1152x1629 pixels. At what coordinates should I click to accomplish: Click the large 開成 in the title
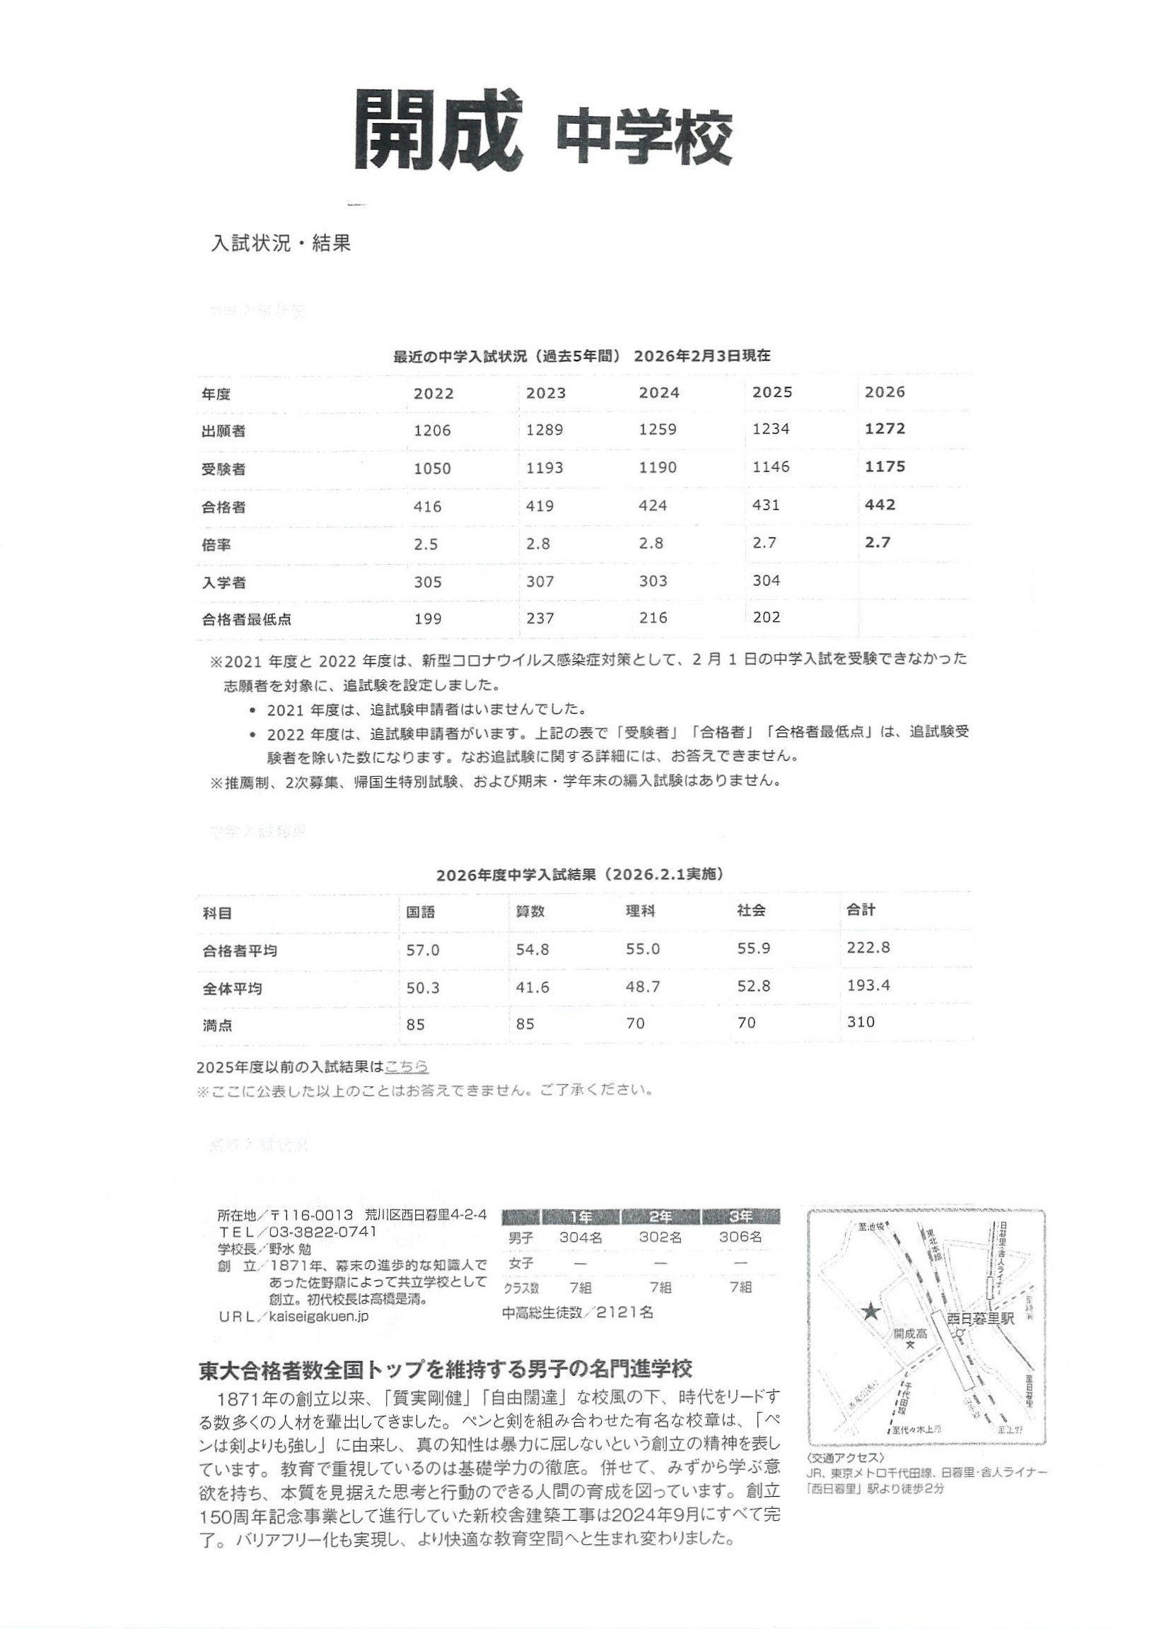[x=434, y=130]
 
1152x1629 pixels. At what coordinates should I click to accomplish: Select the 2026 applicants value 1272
[x=885, y=428]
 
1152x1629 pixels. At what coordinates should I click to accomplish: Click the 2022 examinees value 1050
[x=432, y=469]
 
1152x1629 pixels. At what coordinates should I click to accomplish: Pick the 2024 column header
[x=658, y=392]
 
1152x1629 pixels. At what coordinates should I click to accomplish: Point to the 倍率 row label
[x=216, y=545]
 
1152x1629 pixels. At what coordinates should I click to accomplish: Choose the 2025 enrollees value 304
[x=766, y=580]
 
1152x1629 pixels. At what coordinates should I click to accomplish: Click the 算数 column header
[x=530, y=911]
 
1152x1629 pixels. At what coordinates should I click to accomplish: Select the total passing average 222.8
[x=868, y=947]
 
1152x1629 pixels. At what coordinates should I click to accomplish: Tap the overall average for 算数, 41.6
[x=533, y=987]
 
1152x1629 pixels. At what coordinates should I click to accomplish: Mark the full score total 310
[x=860, y=1022]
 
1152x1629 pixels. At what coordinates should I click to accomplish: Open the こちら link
[x=406, y=1066]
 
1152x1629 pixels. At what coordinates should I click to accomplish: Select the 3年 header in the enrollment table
[x=740, y=1217]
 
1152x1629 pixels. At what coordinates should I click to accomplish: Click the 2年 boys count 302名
[x=660, y=1237]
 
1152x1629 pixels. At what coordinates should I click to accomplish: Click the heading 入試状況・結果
[x=281, y=243]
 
